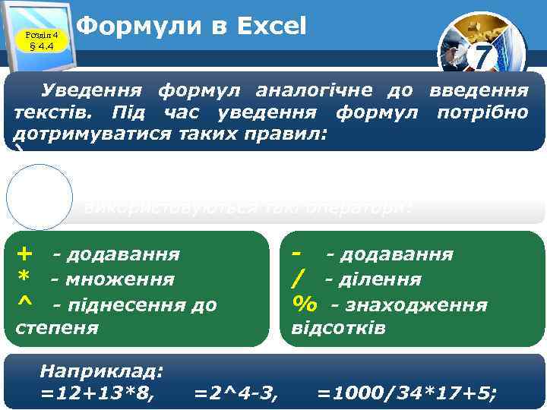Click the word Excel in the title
[271, 27]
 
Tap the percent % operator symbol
[305, 304]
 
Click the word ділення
[373, 279]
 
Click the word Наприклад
[101, 371]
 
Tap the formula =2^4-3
[236, 393]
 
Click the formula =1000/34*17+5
[407, 393]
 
